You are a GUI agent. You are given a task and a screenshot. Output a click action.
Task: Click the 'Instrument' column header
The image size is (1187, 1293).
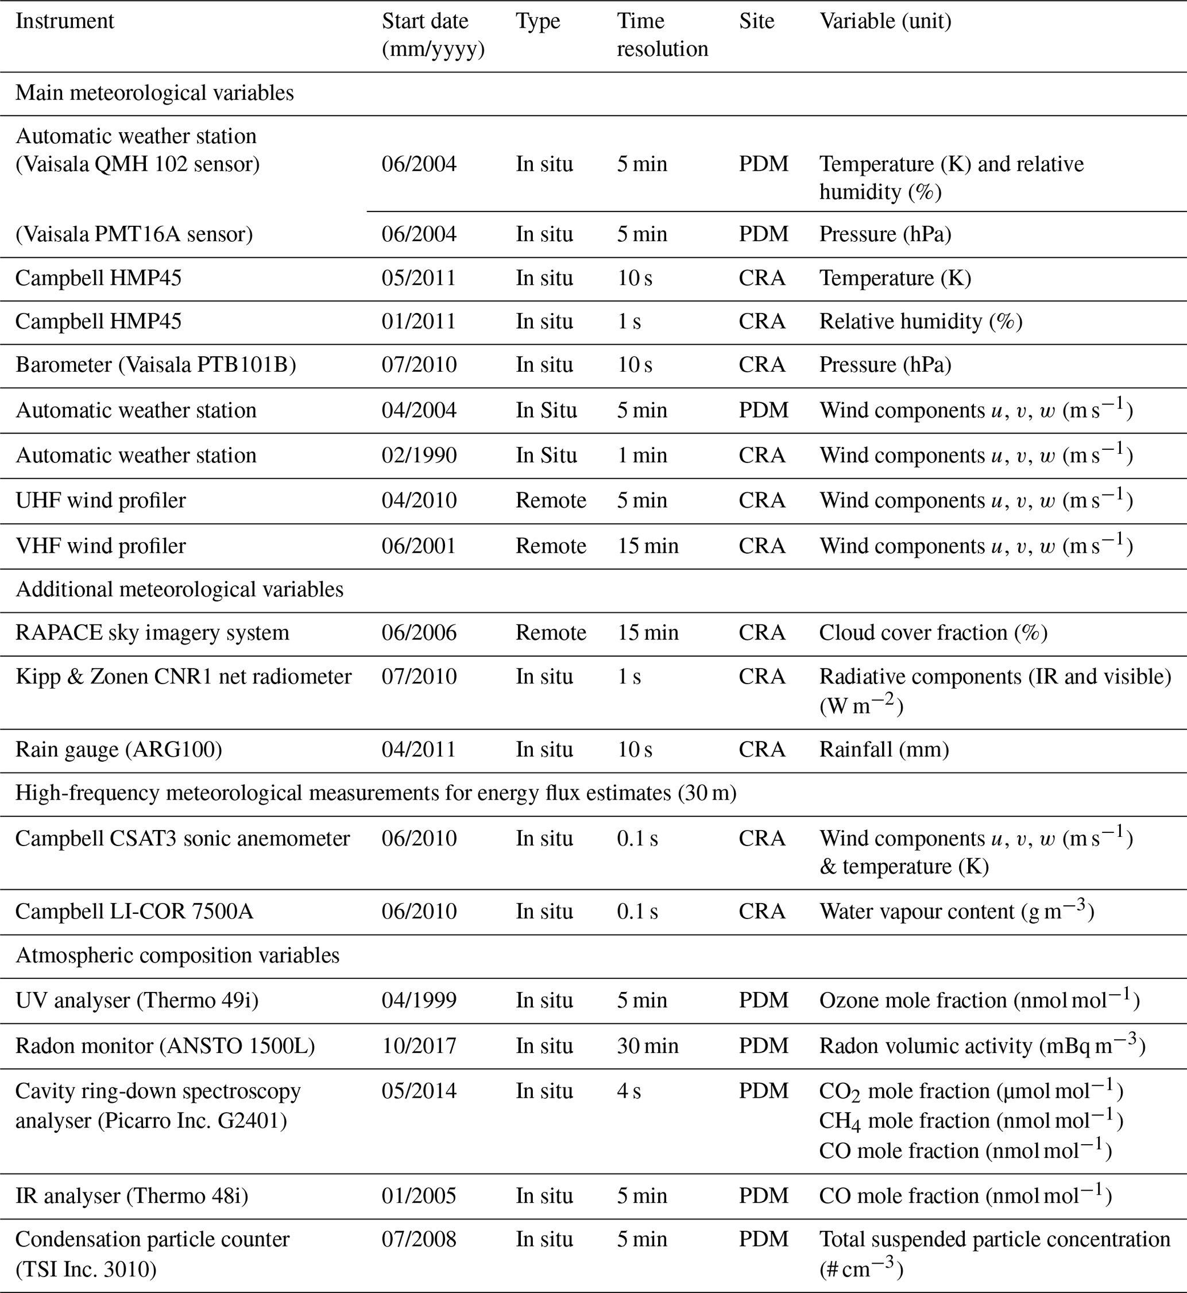point(64,21)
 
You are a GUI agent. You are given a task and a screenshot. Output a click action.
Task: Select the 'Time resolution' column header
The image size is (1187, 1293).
point(662,34)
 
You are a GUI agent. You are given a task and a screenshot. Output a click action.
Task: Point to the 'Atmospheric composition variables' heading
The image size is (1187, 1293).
point(177,955)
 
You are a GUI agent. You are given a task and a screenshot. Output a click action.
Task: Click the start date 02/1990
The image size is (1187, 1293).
point(419,456)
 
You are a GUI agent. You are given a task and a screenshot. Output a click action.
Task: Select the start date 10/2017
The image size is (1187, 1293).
point(419,1045)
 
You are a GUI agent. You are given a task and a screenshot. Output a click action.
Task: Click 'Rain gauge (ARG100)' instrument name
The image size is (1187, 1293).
point(118,750)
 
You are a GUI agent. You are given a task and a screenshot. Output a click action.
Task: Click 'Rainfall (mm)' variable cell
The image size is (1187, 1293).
point(884,750)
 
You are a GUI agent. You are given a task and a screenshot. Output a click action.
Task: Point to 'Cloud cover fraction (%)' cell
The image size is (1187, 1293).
point(933,632)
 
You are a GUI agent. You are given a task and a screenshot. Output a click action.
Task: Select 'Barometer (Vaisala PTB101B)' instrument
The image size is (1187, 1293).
point(156,365)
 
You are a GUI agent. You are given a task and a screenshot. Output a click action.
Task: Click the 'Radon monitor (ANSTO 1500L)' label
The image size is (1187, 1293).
point(165,1045)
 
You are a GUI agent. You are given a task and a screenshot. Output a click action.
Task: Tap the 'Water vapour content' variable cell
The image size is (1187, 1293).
point(956,911)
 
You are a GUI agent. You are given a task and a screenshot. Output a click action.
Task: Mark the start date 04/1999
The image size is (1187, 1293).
point(419,1000)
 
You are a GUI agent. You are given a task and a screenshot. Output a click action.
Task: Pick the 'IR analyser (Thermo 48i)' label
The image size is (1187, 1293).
point(132,1195)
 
